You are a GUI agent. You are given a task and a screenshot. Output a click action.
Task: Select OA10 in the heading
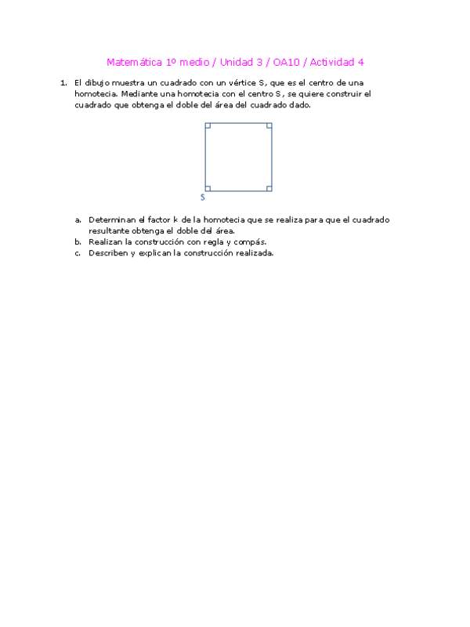284,62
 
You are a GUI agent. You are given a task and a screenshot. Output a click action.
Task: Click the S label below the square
203,198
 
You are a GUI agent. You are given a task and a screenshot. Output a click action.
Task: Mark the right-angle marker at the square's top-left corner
208,125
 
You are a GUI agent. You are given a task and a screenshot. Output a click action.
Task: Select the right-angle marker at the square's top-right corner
269,125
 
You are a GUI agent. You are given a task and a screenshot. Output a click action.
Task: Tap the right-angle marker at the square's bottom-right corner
269,188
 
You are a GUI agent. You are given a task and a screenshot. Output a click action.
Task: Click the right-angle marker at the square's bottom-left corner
208,188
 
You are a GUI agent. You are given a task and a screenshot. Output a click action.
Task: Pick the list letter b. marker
78,242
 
